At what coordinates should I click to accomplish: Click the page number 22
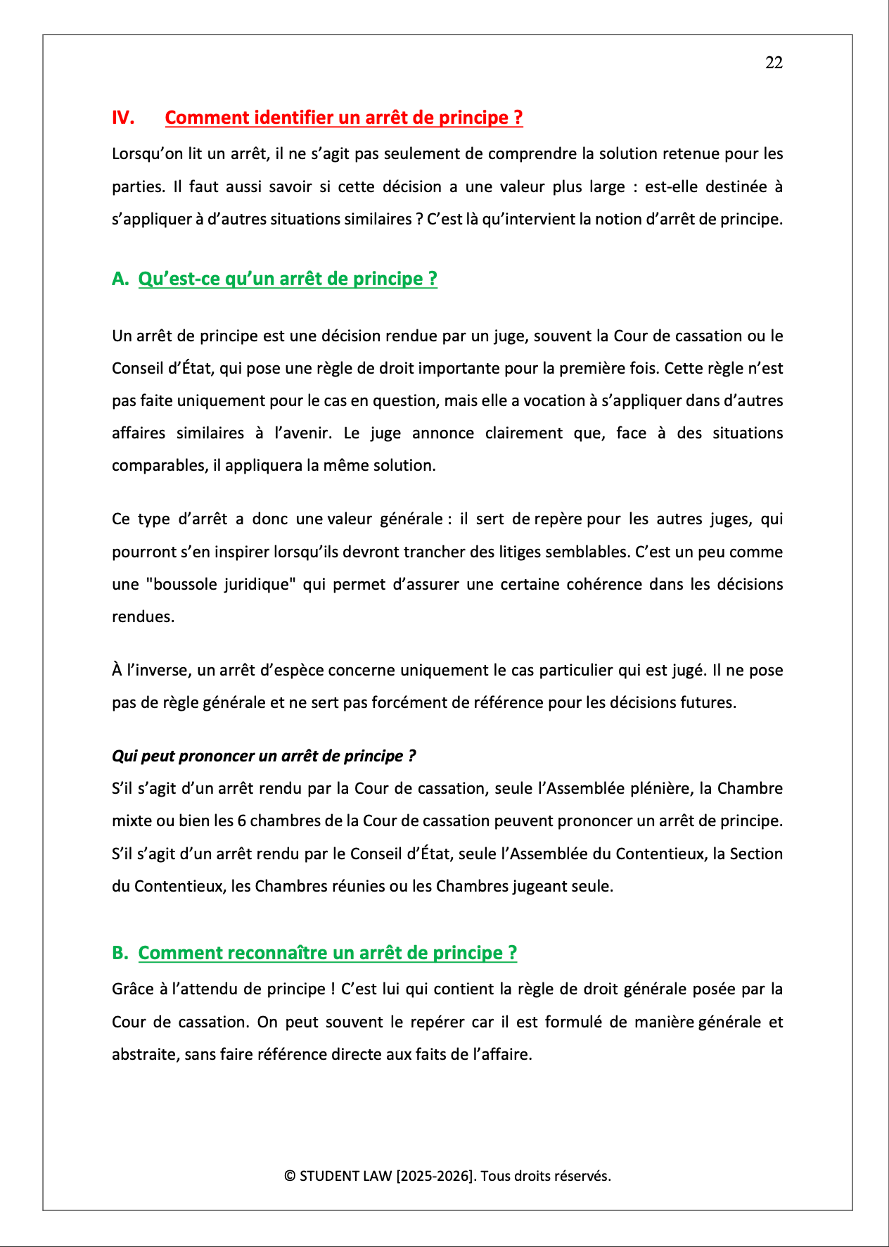pyautogui.click(x=774, y=63)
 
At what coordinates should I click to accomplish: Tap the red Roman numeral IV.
pyautogui.click(x=123, y=118)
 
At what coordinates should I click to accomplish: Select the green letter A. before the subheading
pyautogui.click(x=120, y=279)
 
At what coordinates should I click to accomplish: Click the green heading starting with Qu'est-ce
pyautogui.click(x=288, y=279)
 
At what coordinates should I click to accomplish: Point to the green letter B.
pyautogui.click(x=120, y=953)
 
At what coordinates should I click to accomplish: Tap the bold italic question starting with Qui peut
pyautogui.click(x=264, y=756)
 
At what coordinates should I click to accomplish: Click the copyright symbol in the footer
pyautogui.click(x=290, y=1176)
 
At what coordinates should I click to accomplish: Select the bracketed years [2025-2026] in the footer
pyautogui.click(x=435, y=1176)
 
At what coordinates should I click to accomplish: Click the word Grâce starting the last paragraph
pyautogui.click(x=133, y=989)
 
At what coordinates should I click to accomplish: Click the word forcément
pyautogui.click(x=387, y=702)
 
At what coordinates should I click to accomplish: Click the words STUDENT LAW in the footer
pyautogui.click(x=345, y=1176)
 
